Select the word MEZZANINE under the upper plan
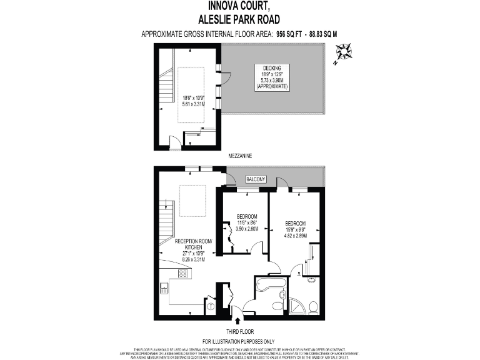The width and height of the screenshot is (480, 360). click(239, 154)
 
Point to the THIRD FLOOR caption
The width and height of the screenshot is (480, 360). click(239, 331)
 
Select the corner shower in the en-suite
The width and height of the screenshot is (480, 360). click(299, 306)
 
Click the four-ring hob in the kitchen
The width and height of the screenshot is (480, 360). click(183, 273)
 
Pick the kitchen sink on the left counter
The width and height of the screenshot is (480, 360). click(164, 288)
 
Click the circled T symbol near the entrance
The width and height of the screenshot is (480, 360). click(211, 306)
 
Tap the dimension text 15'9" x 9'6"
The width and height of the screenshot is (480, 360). click(296, 230)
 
